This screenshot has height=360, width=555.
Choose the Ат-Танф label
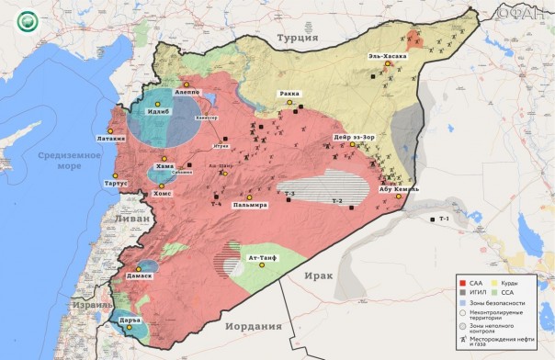tap(263, 258)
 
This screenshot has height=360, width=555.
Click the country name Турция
tap(296, 38)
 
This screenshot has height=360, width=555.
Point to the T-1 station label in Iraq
tap(444, 219)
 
